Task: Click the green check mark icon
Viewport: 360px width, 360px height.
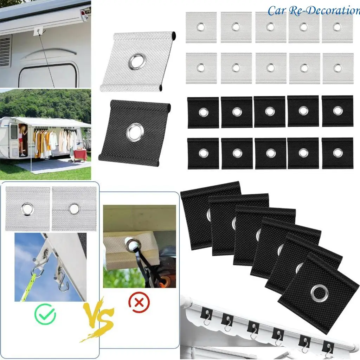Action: point(47,314)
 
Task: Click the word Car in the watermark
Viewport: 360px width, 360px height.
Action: point(276,11)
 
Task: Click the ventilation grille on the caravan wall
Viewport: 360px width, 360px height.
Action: point(5,51)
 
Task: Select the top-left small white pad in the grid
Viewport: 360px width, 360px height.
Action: point(201,27)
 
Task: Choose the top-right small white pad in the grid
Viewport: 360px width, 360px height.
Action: point(337,27)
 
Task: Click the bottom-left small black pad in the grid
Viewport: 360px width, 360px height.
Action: point(203,153)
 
